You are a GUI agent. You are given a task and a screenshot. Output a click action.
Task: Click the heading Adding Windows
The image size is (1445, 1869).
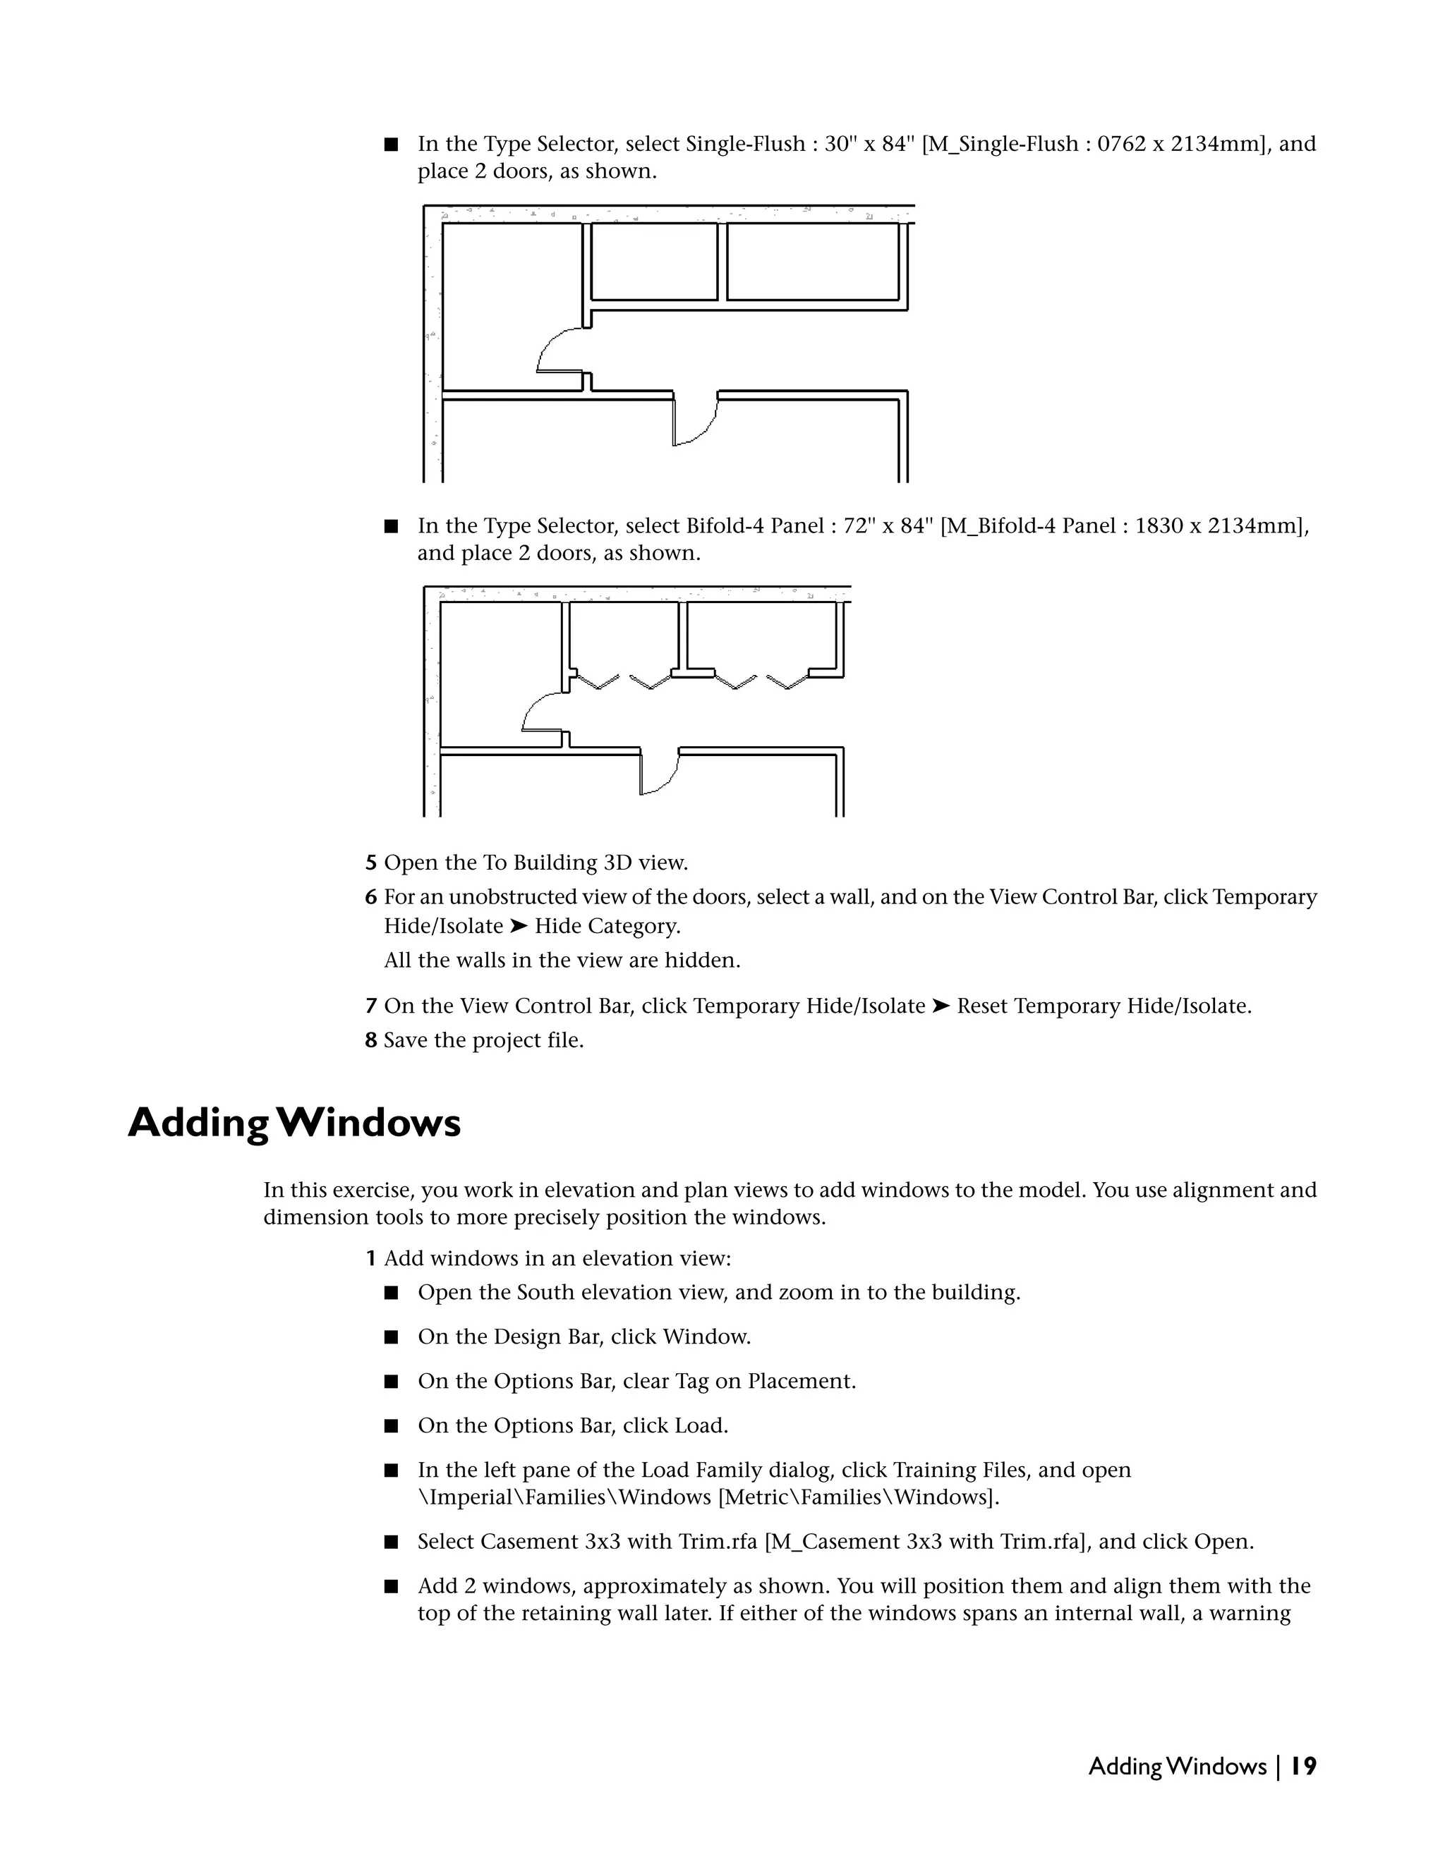[x=294, y=1123]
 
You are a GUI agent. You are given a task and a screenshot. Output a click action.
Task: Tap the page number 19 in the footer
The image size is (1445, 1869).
[x=1304, y=1766]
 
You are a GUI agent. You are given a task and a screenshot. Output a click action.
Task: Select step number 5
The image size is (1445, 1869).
[x=370, y=863]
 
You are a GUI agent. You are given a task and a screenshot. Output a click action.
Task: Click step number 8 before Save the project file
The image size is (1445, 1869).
[x=370, y=1040]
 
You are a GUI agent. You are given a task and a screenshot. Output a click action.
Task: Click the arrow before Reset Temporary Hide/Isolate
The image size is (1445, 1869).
[x=941, y=1006]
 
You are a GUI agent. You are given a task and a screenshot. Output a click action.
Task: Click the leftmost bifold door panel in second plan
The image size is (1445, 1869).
[x=597, y=682]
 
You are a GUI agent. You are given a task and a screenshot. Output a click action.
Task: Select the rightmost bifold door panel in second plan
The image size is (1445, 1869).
[x=787, y=682]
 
